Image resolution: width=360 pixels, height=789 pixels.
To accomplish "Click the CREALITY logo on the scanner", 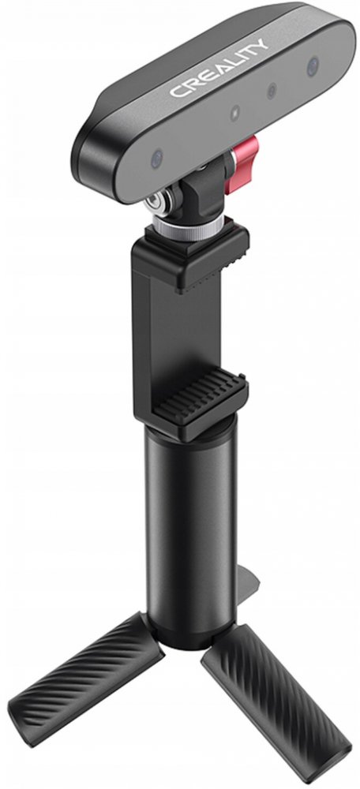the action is click(219, 67).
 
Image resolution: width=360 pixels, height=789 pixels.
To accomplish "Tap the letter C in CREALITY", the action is click(176, 91).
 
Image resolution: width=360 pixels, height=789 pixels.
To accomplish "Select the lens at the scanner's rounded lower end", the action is click(157, 158).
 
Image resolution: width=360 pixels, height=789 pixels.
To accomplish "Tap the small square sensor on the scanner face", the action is click(235, 113).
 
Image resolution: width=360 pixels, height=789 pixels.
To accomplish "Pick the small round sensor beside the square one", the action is click(272, 91).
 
